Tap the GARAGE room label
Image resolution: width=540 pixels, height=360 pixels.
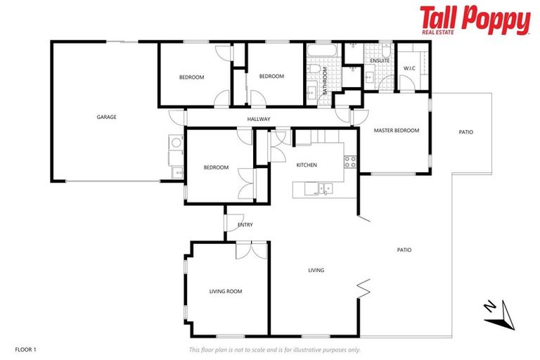[x=107, y=117]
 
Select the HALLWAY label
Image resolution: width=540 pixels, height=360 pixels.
[x=259, y=119]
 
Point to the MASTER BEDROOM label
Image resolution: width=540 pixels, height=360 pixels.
[x=396, y=131]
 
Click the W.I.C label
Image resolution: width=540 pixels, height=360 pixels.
[x=409, y=67]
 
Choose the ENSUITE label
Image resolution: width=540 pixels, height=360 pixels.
[x=380, y=60]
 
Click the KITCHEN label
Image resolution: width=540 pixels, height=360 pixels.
[x=307, y=165]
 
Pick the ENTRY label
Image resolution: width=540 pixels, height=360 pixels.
[x=245, y=225]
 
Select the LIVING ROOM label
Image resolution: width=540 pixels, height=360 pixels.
[x=225, y=290]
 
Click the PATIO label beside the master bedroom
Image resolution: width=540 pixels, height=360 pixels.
[x=465, y=131]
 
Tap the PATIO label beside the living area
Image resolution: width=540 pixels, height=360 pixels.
[x=404, y=250]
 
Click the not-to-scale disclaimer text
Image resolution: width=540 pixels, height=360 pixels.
[x=275, y=349]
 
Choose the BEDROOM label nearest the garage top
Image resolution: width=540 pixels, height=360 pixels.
[x=191, y=77]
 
